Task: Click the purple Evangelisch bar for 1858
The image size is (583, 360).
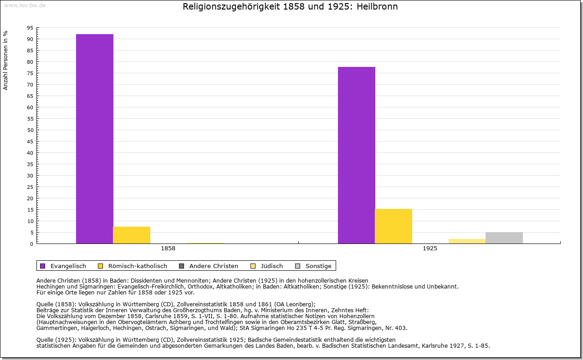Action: coord(95,139)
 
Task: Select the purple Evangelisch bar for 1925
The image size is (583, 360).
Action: coord(357,155)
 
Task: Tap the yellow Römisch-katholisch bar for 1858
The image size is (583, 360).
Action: coord(132,235)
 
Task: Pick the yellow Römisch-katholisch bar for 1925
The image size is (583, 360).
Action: coord(394,226)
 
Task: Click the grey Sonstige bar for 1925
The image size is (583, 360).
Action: coord(504,238)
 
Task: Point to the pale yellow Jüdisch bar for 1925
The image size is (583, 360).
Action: coord(467,241)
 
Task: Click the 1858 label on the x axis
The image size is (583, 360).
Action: coord(168,249)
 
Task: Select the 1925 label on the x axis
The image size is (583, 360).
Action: coord(430,249)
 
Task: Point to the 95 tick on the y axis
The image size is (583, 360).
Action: coord(30,28)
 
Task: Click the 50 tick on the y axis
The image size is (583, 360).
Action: coord(30,130)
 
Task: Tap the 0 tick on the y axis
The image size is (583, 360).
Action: coord(31,244)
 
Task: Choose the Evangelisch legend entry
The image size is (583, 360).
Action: coord(68,266)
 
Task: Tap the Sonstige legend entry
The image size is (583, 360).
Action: coord(318,266)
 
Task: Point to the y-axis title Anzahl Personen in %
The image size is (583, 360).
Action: coord(5,60)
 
